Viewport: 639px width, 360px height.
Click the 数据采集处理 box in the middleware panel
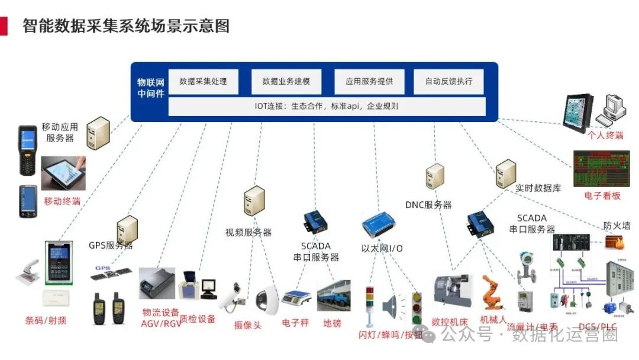[203, 82]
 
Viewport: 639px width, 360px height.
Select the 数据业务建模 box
[286, 82]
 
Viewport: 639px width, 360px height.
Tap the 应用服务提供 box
[369, 82]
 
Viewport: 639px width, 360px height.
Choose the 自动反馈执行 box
[448, 82]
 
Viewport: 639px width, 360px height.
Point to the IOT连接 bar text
[326, 107]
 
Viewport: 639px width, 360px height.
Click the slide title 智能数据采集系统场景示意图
[125, 26]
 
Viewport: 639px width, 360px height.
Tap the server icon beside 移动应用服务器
[98, 132]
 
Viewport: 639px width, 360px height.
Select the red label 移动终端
[62, 201]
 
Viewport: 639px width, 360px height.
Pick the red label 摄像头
[247, 324]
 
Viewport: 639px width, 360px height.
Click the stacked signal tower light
[370, 306]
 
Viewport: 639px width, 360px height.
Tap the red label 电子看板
[602, 195]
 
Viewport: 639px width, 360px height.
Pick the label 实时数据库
[538, 188]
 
